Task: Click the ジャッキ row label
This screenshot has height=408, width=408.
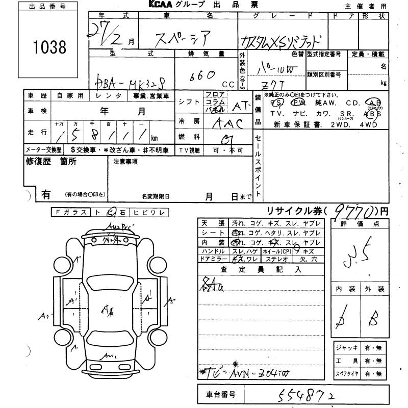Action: pos(344,348)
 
